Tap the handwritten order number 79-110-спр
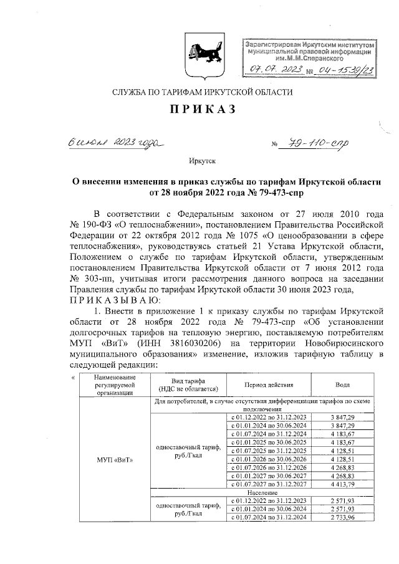(x=317, y=144)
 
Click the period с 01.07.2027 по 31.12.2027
(x=269, y=484)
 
